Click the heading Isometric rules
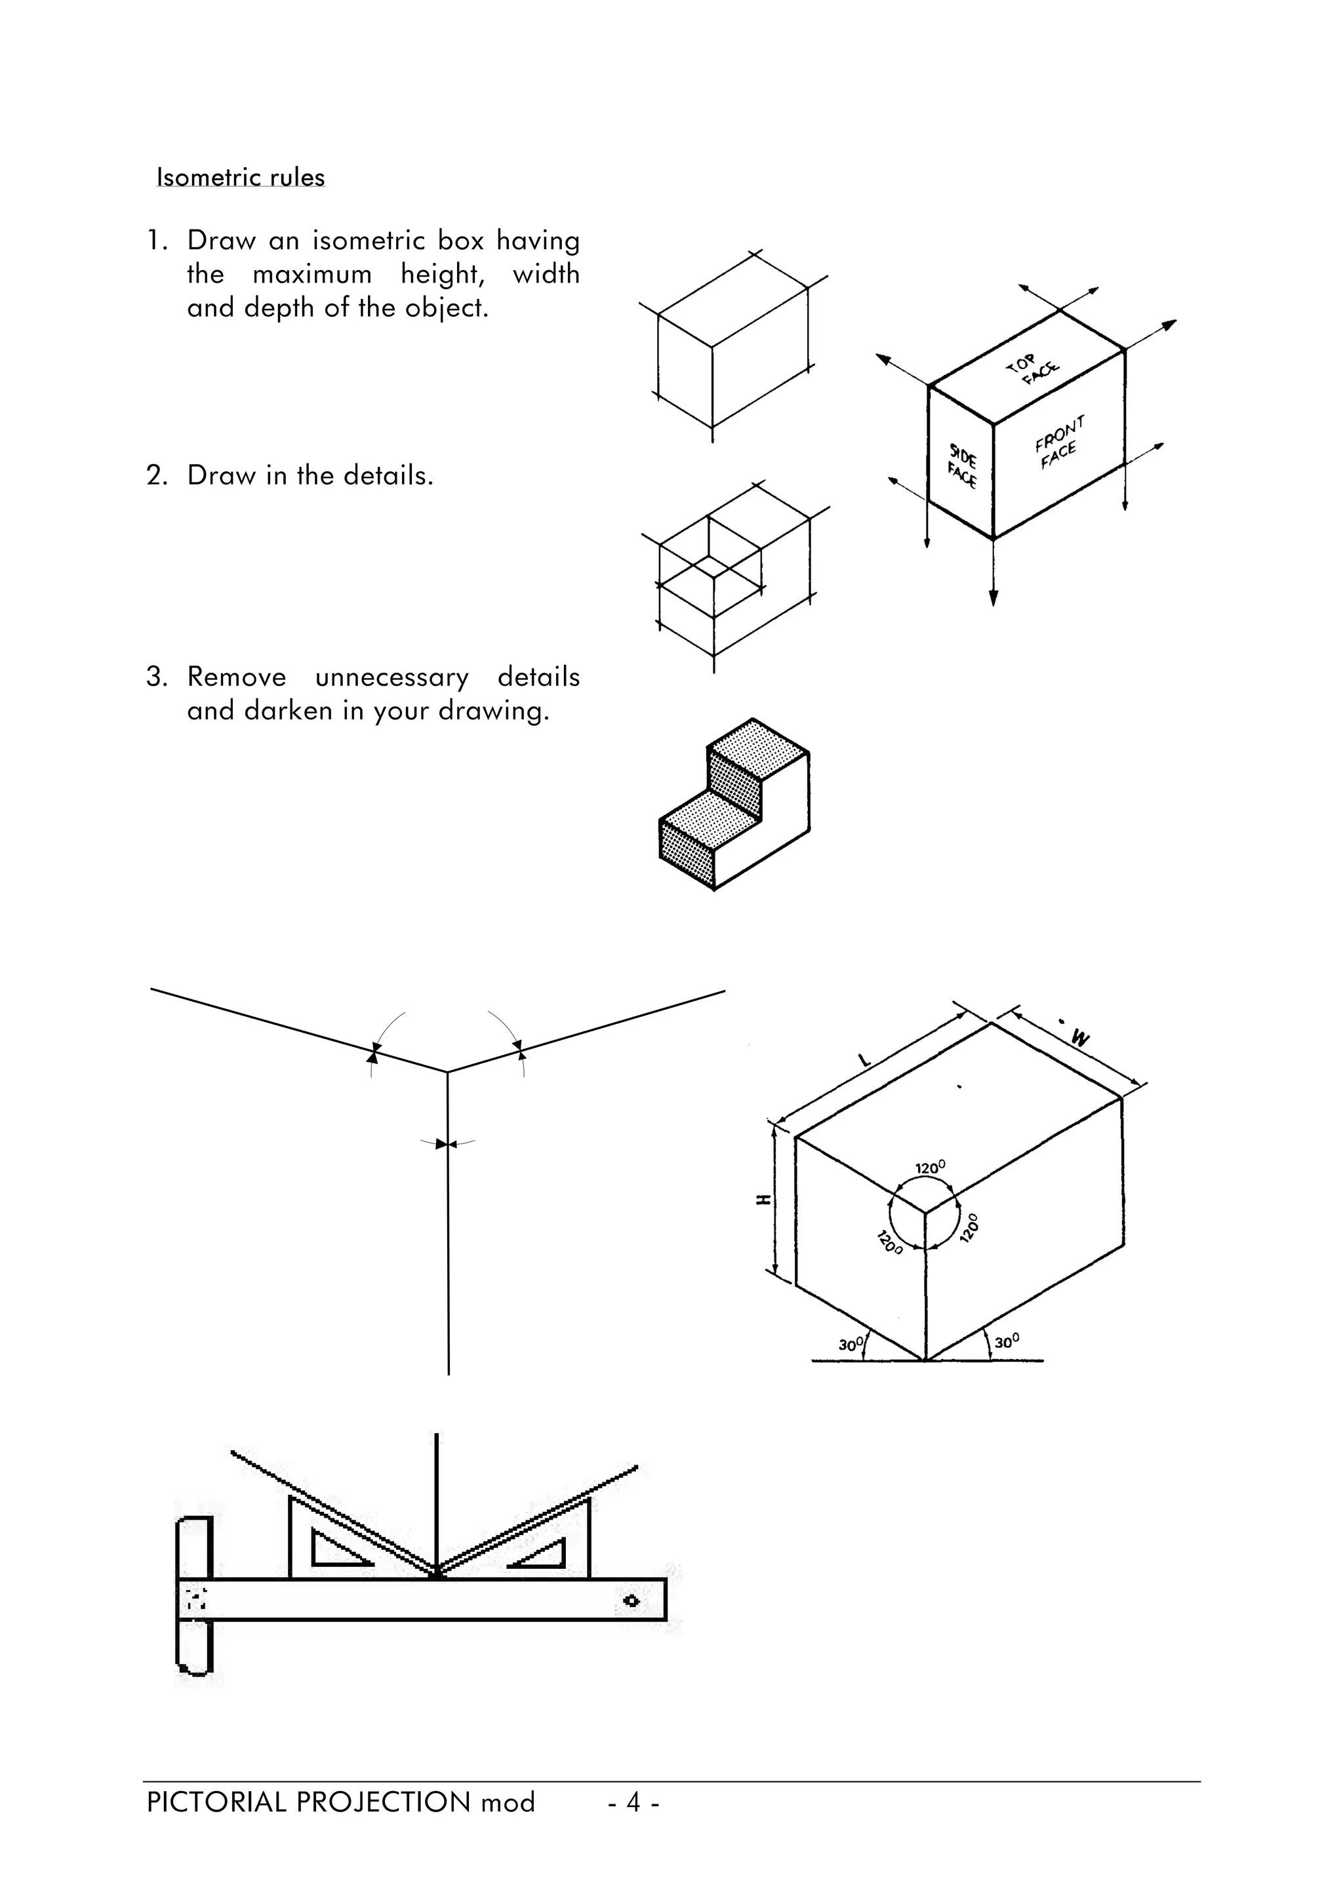pyautogui.click(x=240, y=177)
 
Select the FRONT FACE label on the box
pyautogui.click(x=1058, y=443)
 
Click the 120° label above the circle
pyautogui.click(x=929, y=1168)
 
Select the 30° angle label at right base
pyautogui.click(x=1006, y=1341)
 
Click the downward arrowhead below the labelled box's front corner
pyautogui.click(x=993, y=597)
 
